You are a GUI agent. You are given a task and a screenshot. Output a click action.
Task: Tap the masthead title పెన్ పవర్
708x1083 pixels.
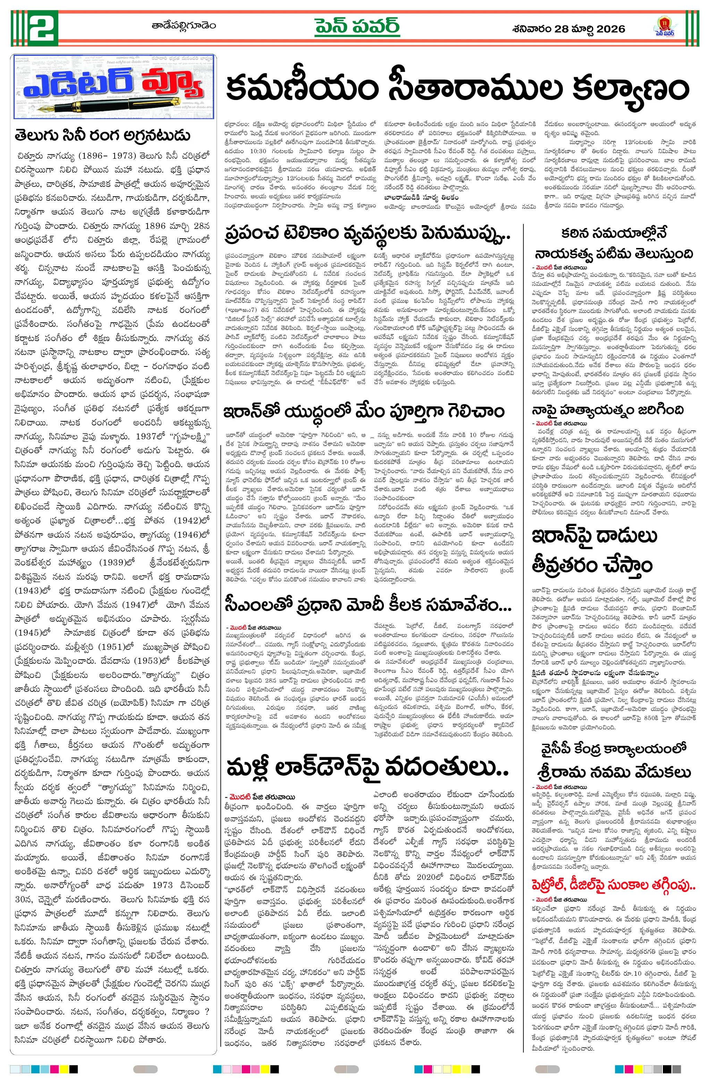357,27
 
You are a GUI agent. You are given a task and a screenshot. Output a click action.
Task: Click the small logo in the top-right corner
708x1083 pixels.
665,26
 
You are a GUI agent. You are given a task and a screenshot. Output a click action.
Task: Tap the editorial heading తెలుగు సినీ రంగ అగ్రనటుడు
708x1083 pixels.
102,135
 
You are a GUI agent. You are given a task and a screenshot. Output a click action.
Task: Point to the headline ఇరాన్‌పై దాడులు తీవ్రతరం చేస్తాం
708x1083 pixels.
594,551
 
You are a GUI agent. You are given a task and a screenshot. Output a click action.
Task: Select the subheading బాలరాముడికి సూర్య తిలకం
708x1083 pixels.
421,198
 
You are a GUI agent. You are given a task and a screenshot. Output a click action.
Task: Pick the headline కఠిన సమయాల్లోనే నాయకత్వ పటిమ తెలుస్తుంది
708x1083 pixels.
614,243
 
